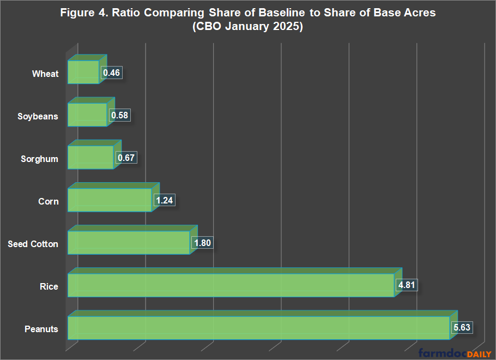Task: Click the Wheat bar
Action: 83,72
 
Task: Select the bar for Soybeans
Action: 87,115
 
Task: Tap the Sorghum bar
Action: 90,158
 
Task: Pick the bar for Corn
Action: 109,200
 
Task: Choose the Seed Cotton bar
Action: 129,243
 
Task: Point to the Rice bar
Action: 231,285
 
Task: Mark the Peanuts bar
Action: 258,328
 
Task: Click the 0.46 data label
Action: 111,73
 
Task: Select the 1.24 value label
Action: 164,201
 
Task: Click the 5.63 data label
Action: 461,328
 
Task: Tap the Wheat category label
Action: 45,74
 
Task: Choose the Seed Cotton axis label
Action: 33,244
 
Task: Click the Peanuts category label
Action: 41,329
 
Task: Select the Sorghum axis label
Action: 39,159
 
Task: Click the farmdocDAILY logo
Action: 455,353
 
